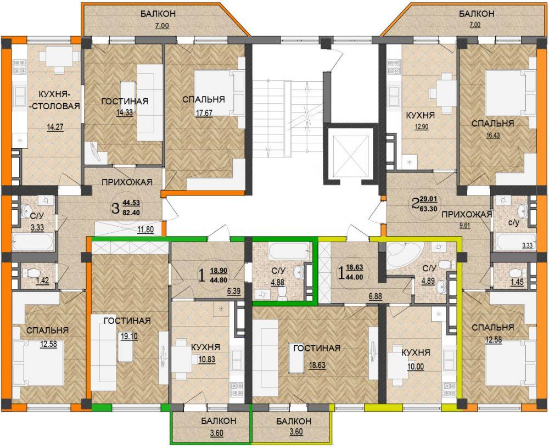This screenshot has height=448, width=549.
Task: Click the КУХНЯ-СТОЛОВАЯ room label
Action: [x=54, y=100]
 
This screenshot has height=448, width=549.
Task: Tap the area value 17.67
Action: [x=204, y=113]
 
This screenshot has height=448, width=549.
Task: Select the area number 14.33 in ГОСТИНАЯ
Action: [x=125, y=113]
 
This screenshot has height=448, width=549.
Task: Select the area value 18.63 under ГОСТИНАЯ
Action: [x=317, y=365]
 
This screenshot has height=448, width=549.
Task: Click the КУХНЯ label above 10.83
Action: [x=205, y=347]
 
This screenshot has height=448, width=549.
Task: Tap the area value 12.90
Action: [x=422, y=127]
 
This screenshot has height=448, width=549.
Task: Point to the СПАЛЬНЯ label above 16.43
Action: [x=492, y=124]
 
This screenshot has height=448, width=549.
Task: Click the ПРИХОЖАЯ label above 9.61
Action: [x=467, y=214]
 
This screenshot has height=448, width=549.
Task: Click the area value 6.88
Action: [x=376, y=296]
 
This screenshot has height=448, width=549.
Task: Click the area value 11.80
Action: [x=145, y=230]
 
